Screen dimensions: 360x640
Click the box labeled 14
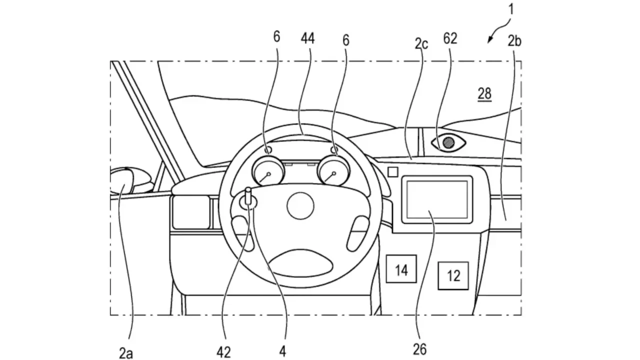(x=401, y=270)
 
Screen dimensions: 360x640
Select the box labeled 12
(x=453, y=275)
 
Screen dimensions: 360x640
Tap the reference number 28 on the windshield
(x=484, y=93)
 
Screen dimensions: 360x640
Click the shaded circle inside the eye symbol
(x=449, y=142)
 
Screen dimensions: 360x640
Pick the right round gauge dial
(x=332, y=173)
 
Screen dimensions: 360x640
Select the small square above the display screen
(x=393, y=171)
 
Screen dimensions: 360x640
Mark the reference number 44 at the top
(x=307, y=38)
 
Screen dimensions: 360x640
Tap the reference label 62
(x=450, y=38)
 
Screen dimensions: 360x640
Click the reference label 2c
(x=421, y=44)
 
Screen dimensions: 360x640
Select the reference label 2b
(x=514, y=41)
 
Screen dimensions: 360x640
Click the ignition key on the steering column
(x=248, y=199)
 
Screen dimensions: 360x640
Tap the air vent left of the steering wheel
(x=190, y=212)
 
